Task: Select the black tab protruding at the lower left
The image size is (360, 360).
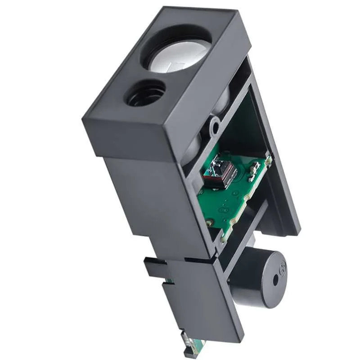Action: [153, 268]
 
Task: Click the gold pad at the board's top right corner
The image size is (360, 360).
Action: [268, 159]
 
